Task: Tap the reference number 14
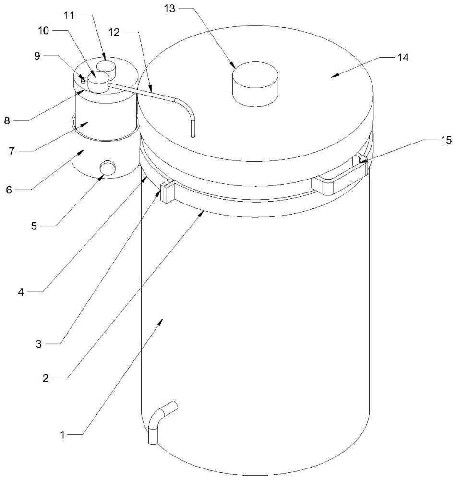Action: tap(402, 57)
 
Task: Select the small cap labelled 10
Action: tap(97, 82)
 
